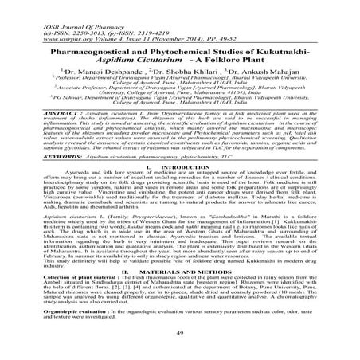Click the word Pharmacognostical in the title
pyautogui.click(x=93, y=37)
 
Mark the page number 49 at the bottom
pyautogui.click(x=179, y=351)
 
